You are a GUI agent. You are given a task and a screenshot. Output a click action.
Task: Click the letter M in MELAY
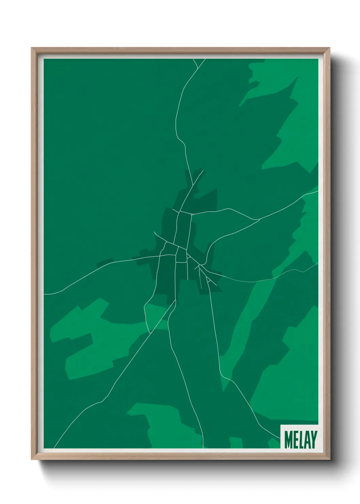click(288, 440)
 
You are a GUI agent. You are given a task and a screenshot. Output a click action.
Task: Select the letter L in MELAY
click(300, 440)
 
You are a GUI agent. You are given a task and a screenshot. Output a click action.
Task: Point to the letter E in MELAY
click(295, 440)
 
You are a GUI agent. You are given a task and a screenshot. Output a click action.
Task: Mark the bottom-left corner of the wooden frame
click(32, 459)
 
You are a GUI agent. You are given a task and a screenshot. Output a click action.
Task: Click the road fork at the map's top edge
click(198, 66)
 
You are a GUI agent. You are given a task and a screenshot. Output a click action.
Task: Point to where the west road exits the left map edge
click(44, 294)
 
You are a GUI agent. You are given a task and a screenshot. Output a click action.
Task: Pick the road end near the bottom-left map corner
click(54, 447)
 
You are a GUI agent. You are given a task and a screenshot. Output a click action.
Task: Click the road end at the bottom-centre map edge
click(203, 447)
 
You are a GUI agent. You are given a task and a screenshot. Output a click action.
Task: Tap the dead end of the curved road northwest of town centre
click(154, 232)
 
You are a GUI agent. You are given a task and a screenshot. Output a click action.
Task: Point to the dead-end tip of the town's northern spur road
click(203, 171)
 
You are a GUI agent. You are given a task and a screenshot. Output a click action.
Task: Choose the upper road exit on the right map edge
click(317, 191)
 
